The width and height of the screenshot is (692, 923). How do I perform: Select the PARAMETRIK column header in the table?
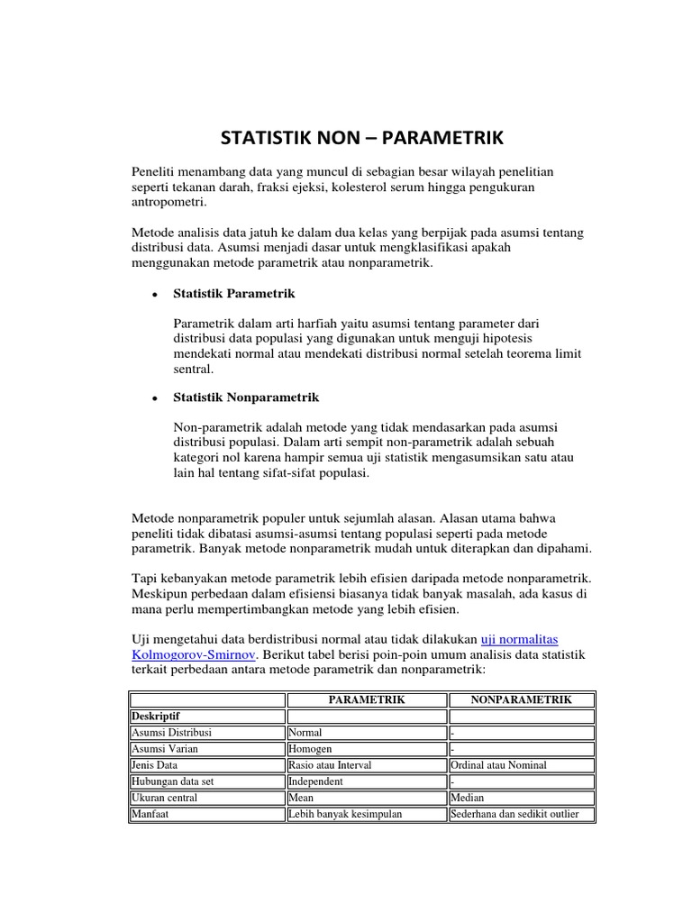tap(366, 699)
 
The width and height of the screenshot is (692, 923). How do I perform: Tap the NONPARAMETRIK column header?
tap(521, 699)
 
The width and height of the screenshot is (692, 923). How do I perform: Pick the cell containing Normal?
tap(306, 733)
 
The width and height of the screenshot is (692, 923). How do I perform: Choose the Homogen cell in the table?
tap(311, 749)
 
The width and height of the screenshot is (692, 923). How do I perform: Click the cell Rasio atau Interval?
tap(330, 765)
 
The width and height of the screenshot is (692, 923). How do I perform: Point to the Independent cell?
tap(315, 781)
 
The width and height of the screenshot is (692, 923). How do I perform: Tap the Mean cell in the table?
tap(301, 798)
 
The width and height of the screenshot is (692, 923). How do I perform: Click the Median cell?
tap(468, 798)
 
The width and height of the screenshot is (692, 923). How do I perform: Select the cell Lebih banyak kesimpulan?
tap(344, 815)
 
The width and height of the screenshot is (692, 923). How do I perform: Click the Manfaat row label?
tap(152, 815)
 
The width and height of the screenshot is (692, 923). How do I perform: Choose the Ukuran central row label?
tap(165, 798)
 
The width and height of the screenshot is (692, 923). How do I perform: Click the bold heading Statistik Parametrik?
tap(234, 294)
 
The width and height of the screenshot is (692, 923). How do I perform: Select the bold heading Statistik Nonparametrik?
tap(246, 397)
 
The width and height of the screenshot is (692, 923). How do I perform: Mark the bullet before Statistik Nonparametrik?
tap(156, 398)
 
